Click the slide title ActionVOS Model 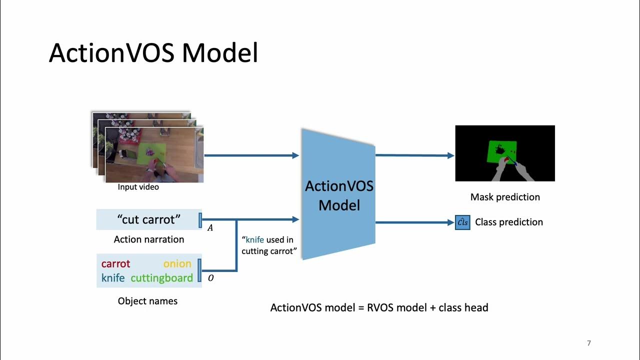coord(153,53)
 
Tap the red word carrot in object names coord(115,264)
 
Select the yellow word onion coord(177,264)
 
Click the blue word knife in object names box coord(113,278)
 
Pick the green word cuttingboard coord(161,278)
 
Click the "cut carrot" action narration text coord(148,219)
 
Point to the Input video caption coord(138,187)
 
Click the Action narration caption coord(149,239)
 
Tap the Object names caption coord(147,301)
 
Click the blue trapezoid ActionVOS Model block coord(339,195)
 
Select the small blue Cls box coord(462,222)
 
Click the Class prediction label coord(508,222)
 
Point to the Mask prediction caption coord(505,197)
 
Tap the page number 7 coord(588,343)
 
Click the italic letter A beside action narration coord(210,228)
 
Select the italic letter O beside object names coord(210,278)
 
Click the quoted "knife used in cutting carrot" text coord(267,245)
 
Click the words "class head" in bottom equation coord(463,307)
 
